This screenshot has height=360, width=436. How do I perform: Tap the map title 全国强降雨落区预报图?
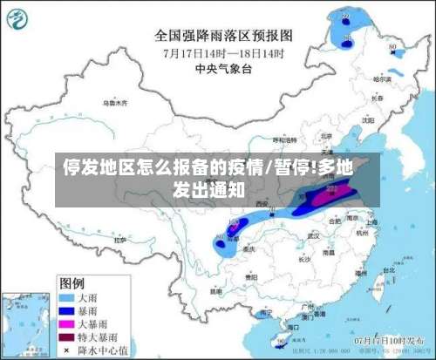click(x=224, y=36)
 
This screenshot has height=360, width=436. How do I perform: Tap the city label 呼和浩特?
click(x=281, y=139)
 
